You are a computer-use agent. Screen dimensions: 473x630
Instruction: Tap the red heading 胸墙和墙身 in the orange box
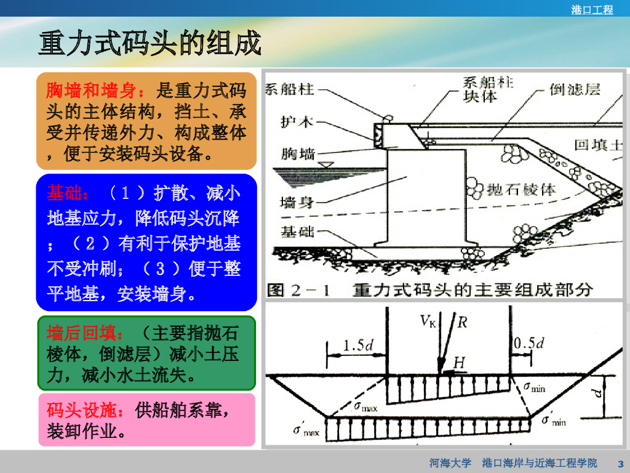91,91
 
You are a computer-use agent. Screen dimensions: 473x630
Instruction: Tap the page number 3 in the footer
620,463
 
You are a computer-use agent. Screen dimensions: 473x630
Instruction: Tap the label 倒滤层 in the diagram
575,90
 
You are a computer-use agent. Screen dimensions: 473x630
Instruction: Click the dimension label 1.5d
358,345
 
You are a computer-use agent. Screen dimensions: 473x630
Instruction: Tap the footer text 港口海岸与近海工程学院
540,463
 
